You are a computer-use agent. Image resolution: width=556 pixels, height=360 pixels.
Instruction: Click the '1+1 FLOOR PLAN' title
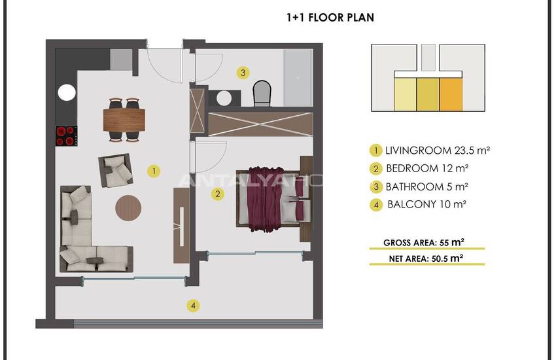(330, 18)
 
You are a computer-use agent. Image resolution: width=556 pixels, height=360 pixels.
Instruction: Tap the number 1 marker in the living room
(154, 171)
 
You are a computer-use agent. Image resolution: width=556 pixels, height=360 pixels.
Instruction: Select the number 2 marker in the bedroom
(217, 194)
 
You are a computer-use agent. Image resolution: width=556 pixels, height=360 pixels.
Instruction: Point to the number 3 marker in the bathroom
(243, 73)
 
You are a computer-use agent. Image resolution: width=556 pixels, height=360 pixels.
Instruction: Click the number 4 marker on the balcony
(193, 306)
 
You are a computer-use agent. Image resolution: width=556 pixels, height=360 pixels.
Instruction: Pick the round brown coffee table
(128, 208)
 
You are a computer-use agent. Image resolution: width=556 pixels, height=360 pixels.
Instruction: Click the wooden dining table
(124, 120)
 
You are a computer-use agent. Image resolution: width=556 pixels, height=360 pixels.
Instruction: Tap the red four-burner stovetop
(66, 135)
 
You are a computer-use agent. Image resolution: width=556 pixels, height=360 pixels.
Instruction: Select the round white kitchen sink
(67, 92)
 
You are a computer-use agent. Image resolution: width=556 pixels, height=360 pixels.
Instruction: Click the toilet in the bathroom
(262, 93)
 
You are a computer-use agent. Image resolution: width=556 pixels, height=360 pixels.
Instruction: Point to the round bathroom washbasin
(224, 98)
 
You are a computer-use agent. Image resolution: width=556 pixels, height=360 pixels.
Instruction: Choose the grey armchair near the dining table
(116, 170)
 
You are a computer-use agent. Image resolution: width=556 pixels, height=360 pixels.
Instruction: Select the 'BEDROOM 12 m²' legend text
(427, 168)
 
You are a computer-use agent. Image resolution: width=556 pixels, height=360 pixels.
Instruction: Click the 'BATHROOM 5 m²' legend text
(427, 187)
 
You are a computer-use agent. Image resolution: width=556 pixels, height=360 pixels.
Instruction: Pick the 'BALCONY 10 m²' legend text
(427, 204)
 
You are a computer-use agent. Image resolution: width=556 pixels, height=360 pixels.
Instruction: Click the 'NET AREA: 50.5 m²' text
(426, 259)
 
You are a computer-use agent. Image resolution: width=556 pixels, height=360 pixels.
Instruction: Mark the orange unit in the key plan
(451, 94)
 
